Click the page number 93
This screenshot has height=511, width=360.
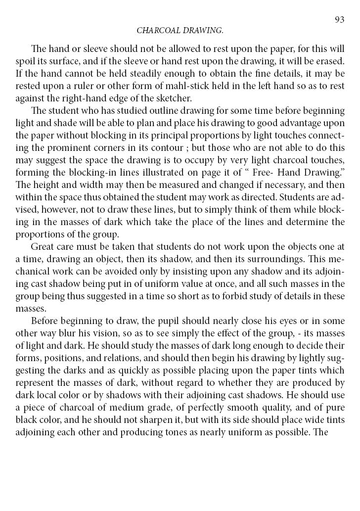pos(339,20)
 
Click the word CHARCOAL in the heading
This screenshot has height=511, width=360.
pos(156,31)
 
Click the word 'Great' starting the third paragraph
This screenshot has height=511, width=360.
pos(43,247)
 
